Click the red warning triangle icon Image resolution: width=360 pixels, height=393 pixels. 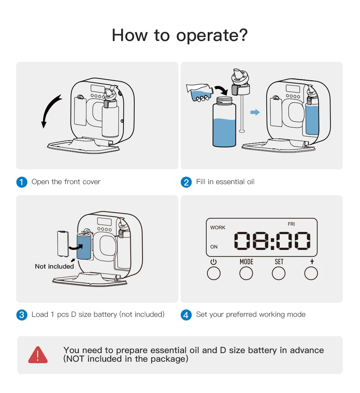point(38,355)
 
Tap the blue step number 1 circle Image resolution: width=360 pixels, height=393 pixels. point(22,182)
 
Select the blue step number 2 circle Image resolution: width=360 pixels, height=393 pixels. point(186,182)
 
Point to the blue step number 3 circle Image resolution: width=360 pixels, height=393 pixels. point(22,315)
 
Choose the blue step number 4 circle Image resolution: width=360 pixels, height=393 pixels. point(186,315)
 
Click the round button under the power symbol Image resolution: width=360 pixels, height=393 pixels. point(214,273)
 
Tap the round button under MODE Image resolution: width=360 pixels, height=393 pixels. point(246,273)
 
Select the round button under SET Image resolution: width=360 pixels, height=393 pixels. point(279,273)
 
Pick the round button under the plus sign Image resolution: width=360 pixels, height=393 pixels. point(311,273)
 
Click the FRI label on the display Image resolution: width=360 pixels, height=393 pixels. point(291,224)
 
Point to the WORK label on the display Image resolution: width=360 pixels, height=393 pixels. point(218,228)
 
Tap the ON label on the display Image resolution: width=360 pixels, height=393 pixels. point(214,247)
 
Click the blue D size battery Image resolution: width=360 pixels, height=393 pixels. point(84,246)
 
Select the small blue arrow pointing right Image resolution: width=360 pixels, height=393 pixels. point(255,112)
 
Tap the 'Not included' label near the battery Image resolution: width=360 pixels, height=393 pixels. point(54,266)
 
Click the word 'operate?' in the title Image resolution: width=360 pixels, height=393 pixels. point(212,36)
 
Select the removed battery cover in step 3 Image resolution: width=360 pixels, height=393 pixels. point(63,244)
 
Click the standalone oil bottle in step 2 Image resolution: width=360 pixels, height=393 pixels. point(224,122)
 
